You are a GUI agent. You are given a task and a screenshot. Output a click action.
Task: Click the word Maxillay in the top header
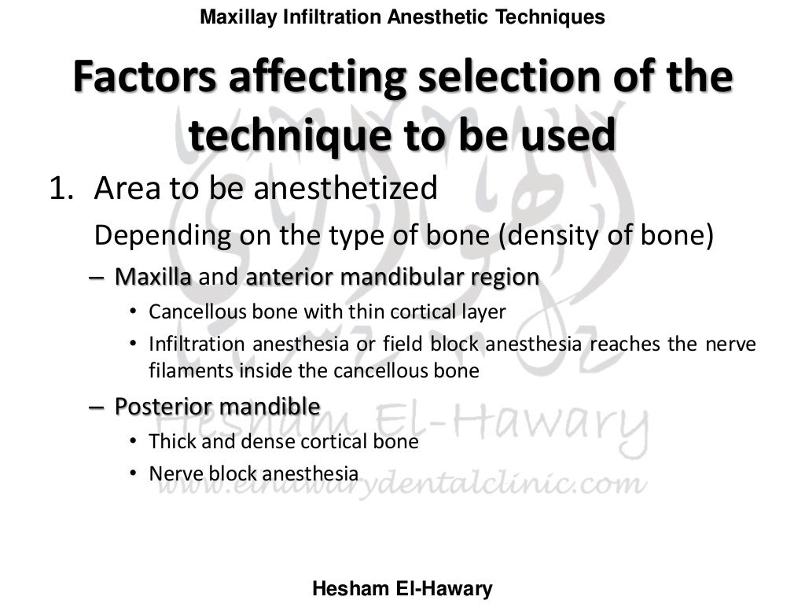pyautogui.click(x=233, y=17)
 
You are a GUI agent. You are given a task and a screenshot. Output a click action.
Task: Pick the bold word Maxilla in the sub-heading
pyautogui.click(x=153, y=277)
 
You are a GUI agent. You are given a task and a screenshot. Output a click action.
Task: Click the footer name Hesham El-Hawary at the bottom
pyautogui.click(x=402, y=588)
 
